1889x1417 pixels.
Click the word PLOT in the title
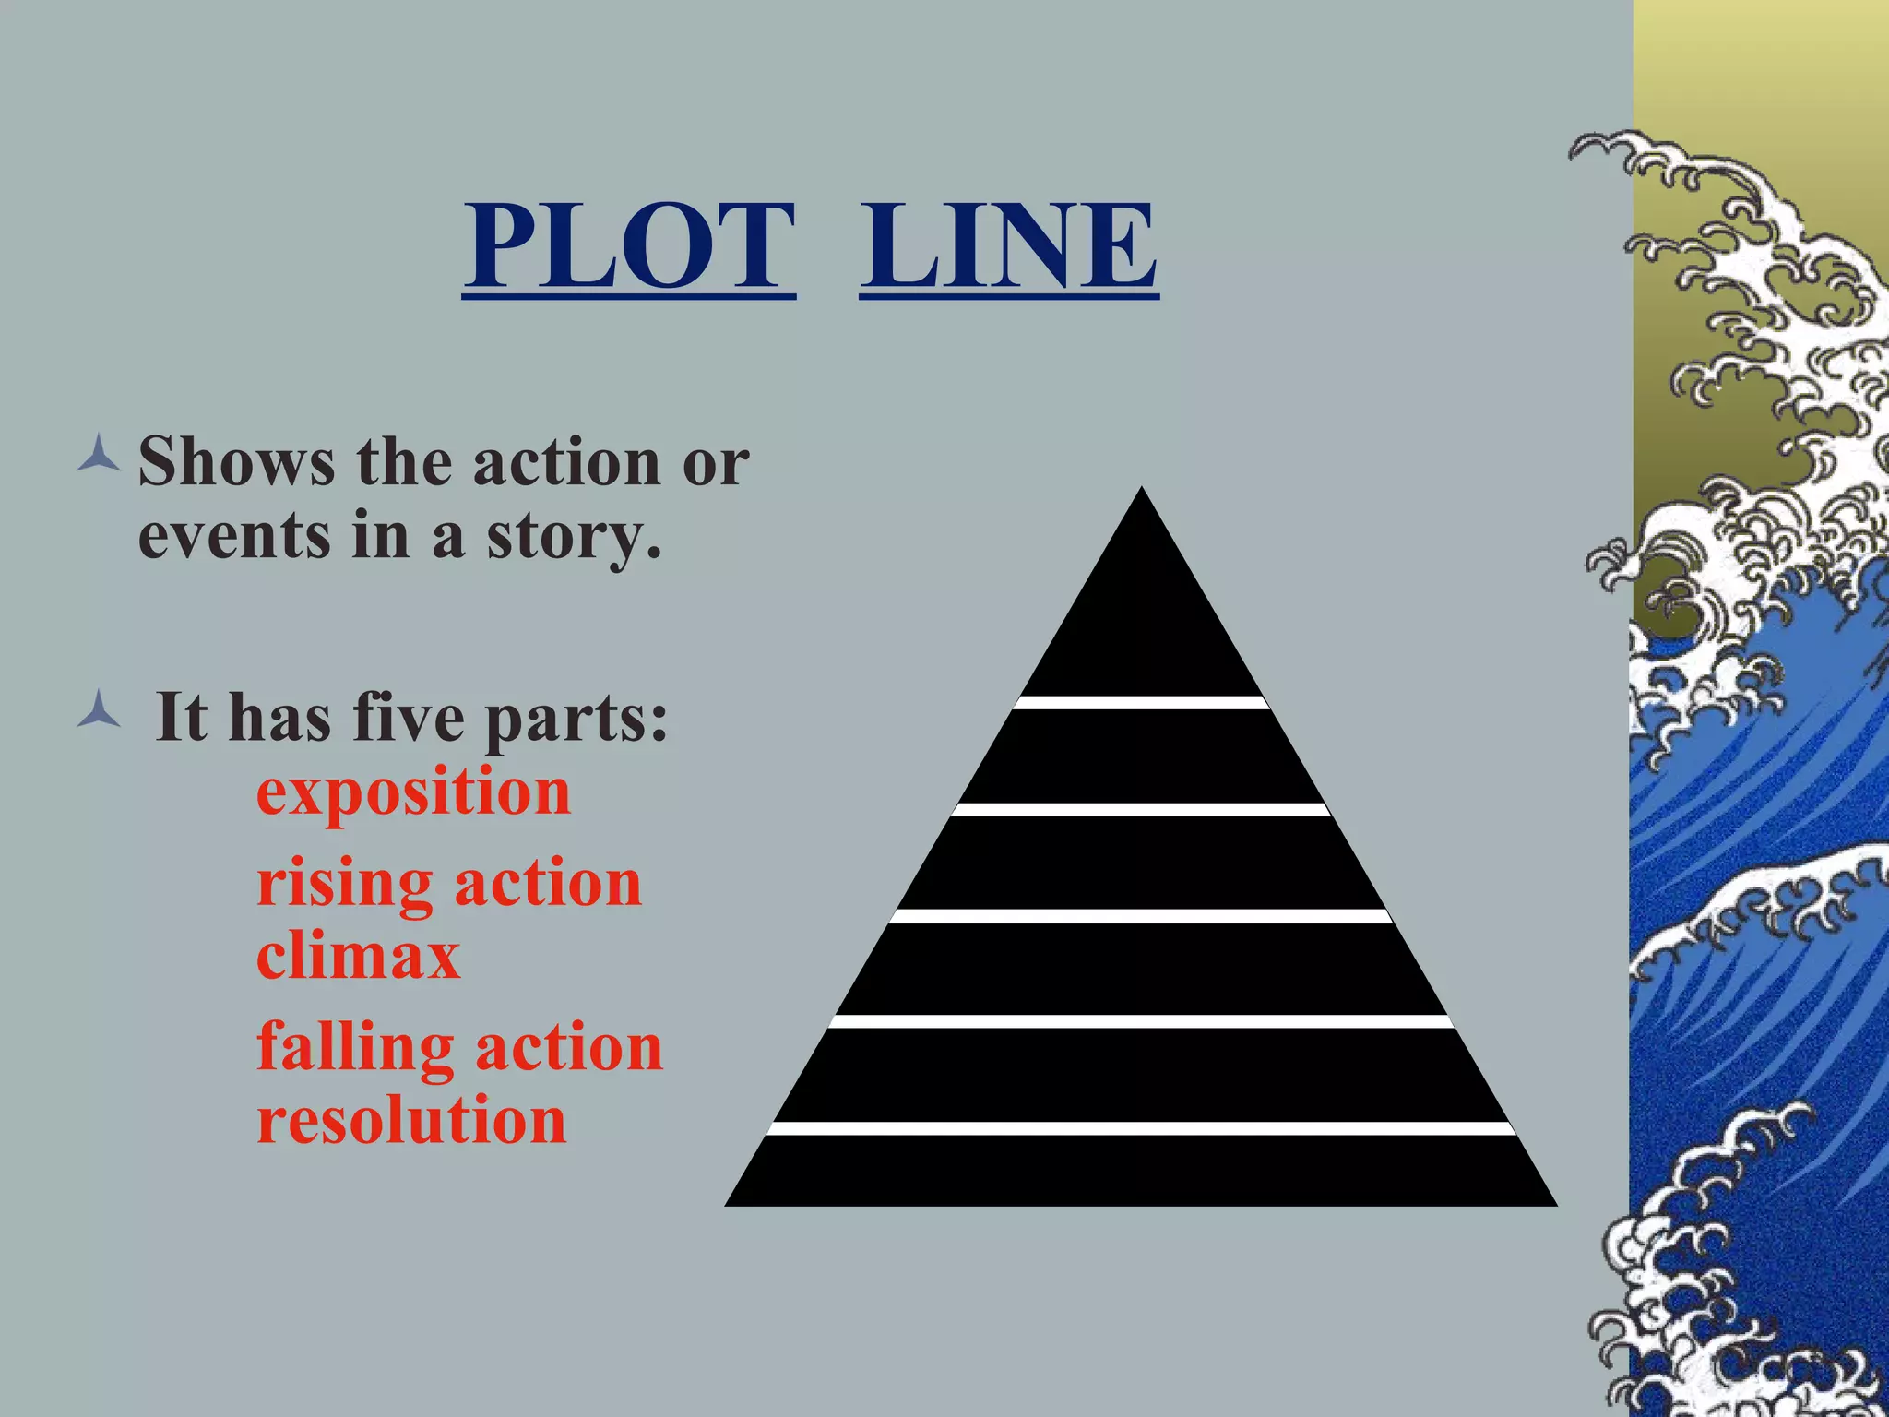[x=629, y=246]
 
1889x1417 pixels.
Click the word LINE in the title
[x=1008, y=246]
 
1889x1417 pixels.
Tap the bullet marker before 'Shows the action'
[x=99, y=457]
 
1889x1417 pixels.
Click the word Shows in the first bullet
[x=236, y=461]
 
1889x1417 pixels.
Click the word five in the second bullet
[x=409, y=717]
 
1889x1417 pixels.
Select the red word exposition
[x=413, y=793]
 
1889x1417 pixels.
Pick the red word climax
[x=358, y=956]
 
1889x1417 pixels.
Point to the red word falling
[x=355, y=1048]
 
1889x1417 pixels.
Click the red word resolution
[x=411, y=1120]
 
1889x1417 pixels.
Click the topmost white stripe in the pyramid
[x=1141, y=703]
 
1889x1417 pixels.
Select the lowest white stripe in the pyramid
[x=1141, y=1128]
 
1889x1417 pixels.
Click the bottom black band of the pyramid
[x=1141, y=1170]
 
